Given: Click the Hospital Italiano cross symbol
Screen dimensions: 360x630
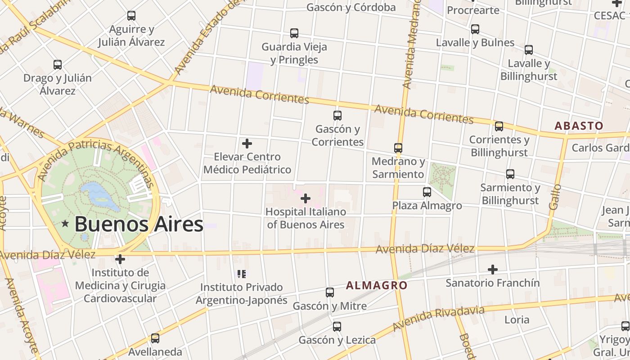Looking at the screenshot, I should [306, 198].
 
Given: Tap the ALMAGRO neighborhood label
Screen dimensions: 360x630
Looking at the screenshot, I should [377, 285].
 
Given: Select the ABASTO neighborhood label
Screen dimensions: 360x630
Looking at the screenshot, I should [579, 126].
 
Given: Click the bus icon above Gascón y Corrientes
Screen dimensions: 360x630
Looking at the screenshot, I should [337, 115].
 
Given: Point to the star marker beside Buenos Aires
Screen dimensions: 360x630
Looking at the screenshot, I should [65, 224].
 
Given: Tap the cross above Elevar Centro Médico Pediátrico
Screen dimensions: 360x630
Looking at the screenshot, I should [247, 144].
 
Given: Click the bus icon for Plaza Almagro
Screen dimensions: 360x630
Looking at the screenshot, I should [427, 192].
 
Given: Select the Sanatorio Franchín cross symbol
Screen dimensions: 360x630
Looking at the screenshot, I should [493, 270].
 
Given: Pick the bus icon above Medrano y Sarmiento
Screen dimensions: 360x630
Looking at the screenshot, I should [398, 148].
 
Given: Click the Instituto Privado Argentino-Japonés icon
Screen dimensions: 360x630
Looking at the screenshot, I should [242, 274].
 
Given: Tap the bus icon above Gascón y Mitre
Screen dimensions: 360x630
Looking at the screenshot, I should [330, 292].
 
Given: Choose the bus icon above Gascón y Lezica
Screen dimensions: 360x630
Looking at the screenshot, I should [337, 327].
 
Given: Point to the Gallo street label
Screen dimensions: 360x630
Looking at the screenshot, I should [555, 196].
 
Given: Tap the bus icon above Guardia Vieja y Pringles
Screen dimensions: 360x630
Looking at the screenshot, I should [294, 33].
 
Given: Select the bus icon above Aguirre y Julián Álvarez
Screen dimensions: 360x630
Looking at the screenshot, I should [131, 16].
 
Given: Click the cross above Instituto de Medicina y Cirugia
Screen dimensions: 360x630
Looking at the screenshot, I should [120, 259].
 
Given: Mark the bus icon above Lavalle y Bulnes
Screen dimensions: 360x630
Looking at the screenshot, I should [475, 29].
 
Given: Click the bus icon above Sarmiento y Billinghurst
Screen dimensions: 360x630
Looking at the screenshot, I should [510, 174].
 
